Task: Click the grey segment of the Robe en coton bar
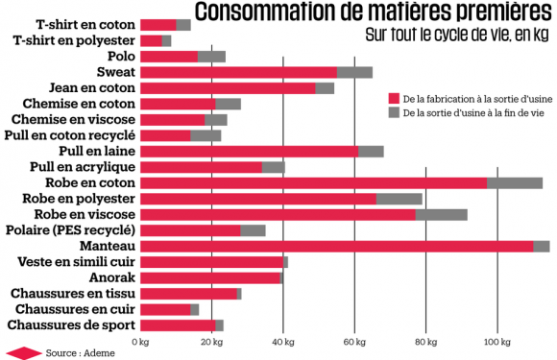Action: pos(515,182)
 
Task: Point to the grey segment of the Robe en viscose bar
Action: pos(441,214)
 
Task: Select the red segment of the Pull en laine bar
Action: pos(249,151)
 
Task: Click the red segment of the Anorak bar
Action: pos(210,277)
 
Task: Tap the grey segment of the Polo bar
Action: pos(211,56)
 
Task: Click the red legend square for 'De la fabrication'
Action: pos(394,98)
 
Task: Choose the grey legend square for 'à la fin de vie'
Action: pos(394,112)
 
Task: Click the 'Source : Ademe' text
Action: pos(74,352)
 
